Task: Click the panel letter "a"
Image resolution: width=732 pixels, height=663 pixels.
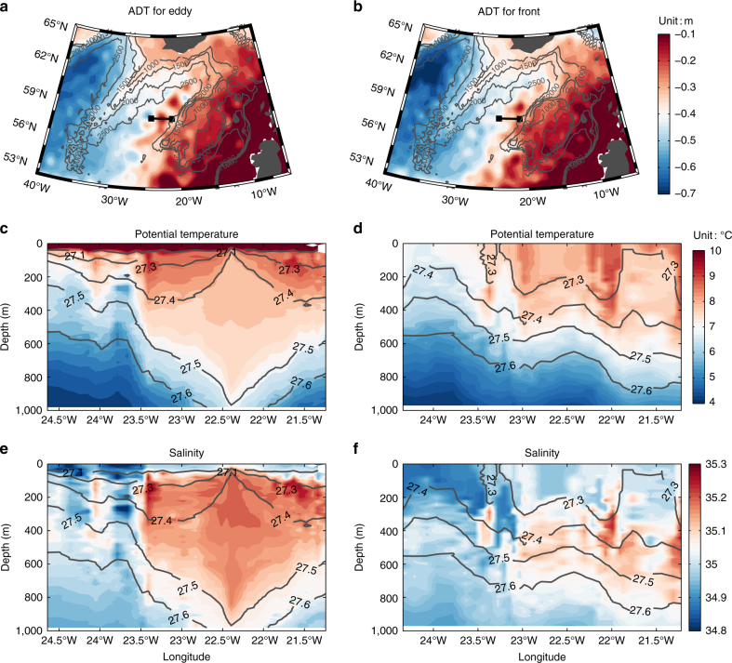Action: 7,7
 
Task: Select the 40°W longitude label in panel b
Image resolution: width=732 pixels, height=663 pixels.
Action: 388,183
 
